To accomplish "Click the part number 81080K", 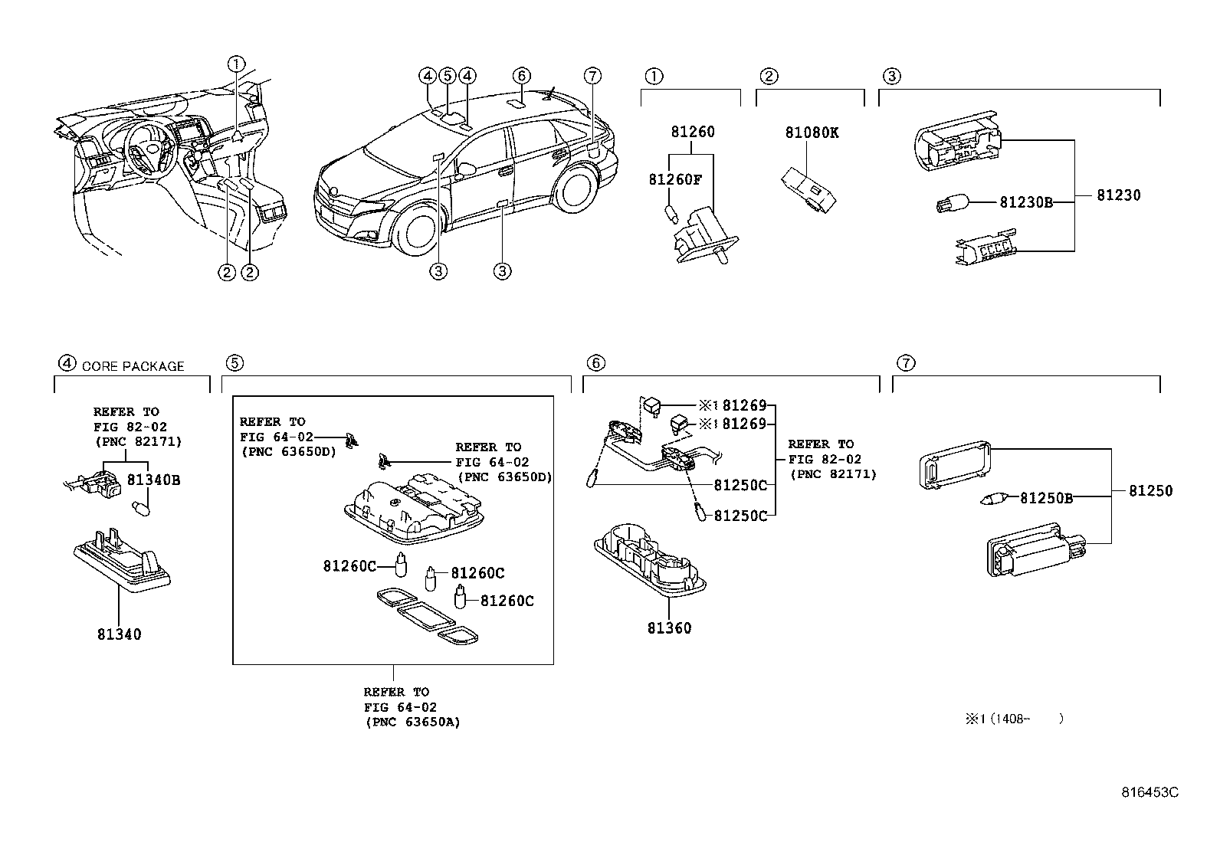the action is (812, 133).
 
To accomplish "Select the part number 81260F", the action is (675, 180).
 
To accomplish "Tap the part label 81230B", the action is (1026, 202).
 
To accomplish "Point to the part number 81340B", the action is (153, 480).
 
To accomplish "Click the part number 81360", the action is (669, 628).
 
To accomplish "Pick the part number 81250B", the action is (1046, 498).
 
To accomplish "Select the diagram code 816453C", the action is (1149, 792).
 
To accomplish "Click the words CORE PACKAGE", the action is (133, 366).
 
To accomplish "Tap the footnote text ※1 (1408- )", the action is (1014, 719).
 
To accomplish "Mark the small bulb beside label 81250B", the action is (993, 498).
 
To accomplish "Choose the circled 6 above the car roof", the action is (521, 76).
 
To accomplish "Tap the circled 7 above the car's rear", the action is (592, 76).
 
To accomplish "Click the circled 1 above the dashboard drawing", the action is (236, 64).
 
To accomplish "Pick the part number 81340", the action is (120, 634).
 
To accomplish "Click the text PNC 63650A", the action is (413, 722).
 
